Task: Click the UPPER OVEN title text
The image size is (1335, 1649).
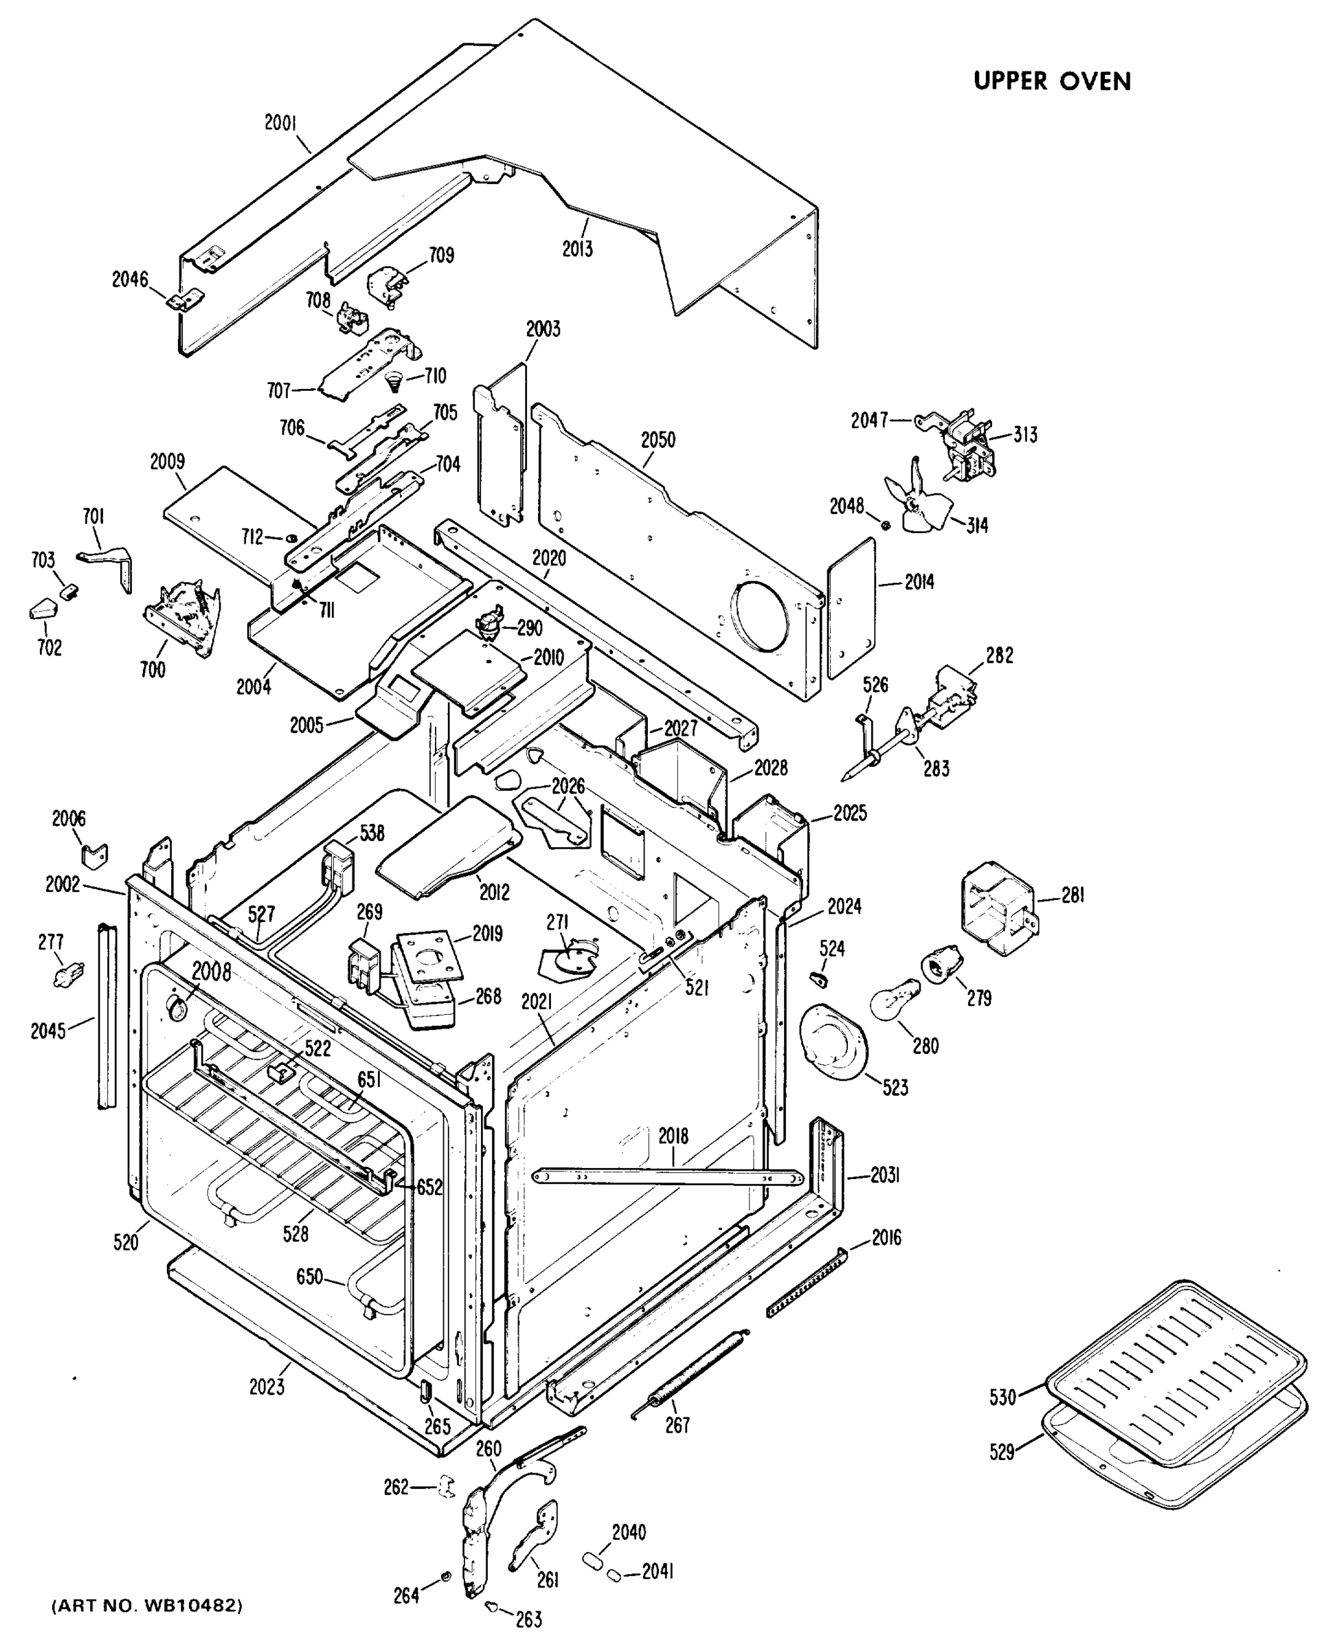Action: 1051,82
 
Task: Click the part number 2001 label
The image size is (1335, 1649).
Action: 281,123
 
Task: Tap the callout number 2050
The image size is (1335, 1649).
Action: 658,440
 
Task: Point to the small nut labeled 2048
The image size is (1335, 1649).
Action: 885,526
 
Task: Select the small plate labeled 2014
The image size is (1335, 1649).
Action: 851,608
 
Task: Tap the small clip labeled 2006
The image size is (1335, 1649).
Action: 95,855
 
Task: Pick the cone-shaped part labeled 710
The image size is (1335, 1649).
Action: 394,379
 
